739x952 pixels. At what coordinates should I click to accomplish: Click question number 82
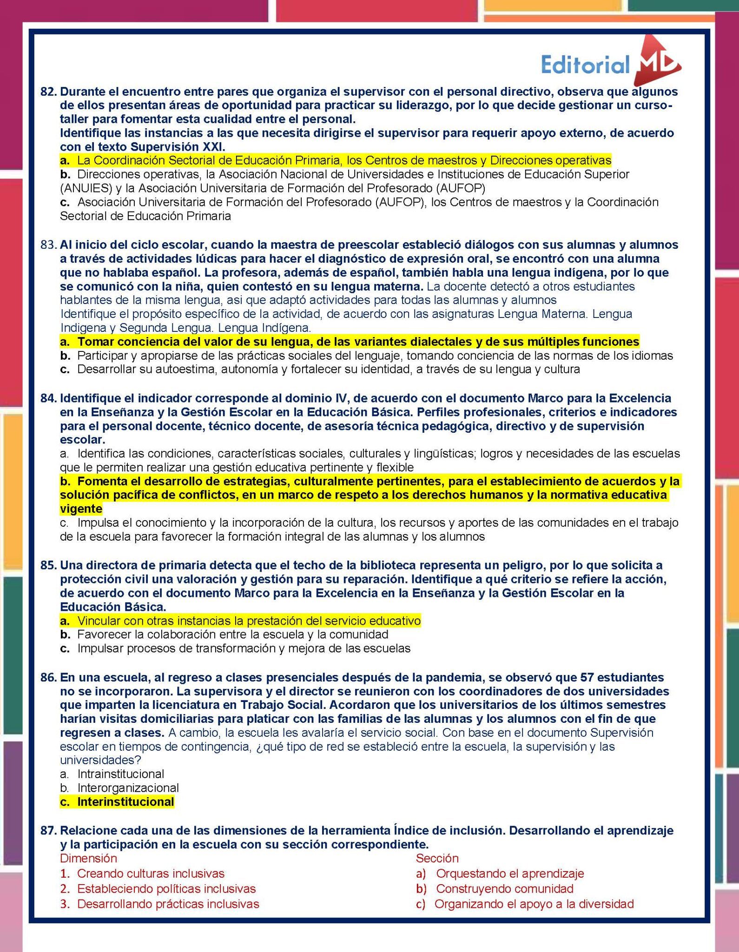coord(48,92)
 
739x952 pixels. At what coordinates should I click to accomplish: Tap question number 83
coord(48,245)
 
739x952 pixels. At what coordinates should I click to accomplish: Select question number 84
coord(48,398)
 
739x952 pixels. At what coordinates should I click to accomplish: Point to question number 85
coord(48,566)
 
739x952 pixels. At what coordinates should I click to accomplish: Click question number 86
coord(48,677)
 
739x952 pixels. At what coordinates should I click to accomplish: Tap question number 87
coord(48,831)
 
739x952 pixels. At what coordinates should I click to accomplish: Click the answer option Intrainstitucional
coord(120,774)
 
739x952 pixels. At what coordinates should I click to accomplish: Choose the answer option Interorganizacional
coord(128,788)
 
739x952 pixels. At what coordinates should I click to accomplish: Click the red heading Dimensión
coord(88,858)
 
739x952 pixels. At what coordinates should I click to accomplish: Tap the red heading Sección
coord(437,858)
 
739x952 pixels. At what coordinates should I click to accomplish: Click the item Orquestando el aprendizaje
coord(509,873)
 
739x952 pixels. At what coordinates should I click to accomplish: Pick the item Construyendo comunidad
coord(504,889)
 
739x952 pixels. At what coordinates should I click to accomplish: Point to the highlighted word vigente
coord(81,509)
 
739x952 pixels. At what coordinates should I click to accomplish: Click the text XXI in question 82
coord(213,147)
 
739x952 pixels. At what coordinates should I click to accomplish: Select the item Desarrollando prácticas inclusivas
coord(168,904)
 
